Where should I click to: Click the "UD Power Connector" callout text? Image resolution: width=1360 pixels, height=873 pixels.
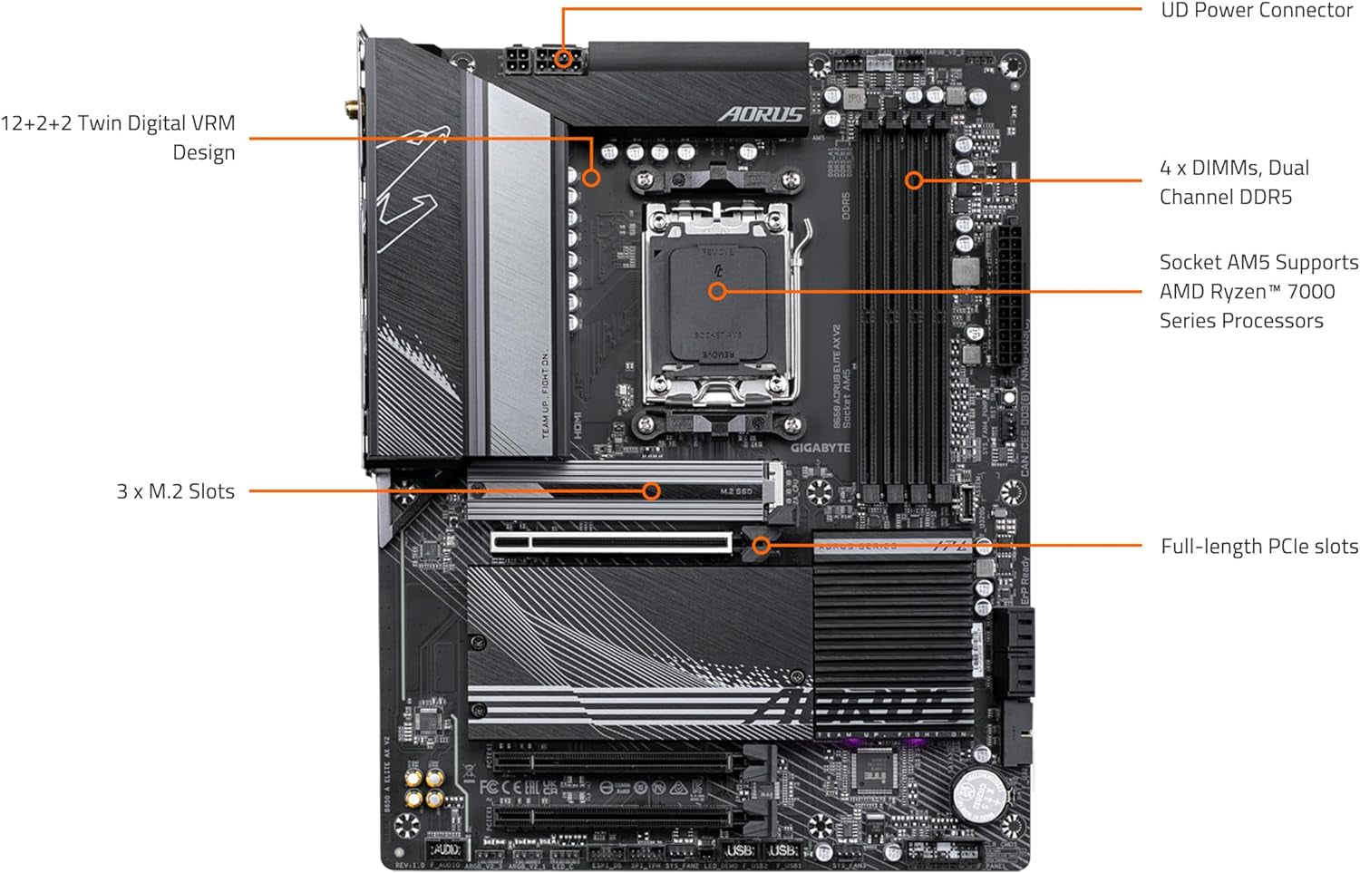point(1256,11)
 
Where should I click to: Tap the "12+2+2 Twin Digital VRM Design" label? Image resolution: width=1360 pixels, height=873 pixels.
point(118,137)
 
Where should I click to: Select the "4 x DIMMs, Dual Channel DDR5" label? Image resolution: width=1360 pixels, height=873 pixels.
point(1233,182)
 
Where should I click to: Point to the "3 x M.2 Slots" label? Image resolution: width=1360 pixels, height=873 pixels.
point(175,491)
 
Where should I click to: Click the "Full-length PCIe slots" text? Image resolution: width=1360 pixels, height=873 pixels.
point(1258,547)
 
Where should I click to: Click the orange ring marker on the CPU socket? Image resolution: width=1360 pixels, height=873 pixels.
point(717,292)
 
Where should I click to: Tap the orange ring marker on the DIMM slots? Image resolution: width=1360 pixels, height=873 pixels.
point(914,180)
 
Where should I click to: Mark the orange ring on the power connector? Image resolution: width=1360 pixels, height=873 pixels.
point(564,59)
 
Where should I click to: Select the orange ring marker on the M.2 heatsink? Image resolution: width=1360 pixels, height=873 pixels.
point(651,491)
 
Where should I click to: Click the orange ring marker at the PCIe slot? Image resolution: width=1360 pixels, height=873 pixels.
point(762,546)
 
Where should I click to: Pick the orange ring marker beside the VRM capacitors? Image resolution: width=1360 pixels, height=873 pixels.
point(591,178)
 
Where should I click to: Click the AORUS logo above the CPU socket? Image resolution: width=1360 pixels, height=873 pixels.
point(762,114)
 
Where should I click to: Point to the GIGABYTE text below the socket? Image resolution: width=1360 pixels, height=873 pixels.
point(820,448)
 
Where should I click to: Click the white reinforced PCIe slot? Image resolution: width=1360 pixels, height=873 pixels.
point(612,543)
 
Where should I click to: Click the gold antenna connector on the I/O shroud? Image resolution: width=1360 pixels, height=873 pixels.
point(349,111)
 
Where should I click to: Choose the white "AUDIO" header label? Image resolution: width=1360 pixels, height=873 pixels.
point(444,849)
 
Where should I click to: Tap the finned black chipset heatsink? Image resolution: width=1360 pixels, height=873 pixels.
point(892,635)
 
